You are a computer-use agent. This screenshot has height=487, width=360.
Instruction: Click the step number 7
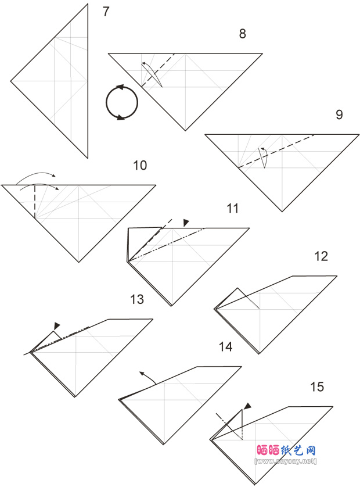[x=106, y=12]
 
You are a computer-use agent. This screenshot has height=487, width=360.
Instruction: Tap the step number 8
[x=243, y=34]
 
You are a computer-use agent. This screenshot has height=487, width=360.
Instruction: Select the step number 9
[x=339, y=114]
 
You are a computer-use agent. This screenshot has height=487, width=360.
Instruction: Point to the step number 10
[x=140, y=165]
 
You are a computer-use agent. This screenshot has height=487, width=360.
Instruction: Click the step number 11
[x=233, y=209]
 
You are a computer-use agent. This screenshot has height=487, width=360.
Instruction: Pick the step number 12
[x=321, y=256]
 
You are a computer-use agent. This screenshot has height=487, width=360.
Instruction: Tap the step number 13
[x=137, y=299]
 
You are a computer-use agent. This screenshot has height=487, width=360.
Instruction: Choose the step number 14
[x=226, y=346]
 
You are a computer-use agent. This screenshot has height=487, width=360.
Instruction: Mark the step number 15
[x=317, y=387]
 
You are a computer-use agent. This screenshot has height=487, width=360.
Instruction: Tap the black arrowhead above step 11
[x=186, y=223]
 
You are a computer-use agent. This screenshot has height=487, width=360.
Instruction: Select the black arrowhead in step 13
[x=57, y=326]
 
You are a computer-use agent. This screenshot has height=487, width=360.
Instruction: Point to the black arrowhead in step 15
[x=248, y=406]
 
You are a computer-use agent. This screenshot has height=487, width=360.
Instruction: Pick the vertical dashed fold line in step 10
[x=35, y=201]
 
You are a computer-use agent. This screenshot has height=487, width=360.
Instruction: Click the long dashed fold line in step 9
[x=276, y=151]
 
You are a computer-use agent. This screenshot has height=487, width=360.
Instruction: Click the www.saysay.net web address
[x=286, y=461]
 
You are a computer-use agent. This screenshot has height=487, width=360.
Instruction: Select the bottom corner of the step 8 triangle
[x=186, y=131]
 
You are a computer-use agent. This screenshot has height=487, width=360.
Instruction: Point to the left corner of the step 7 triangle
[x=11, y=81]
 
